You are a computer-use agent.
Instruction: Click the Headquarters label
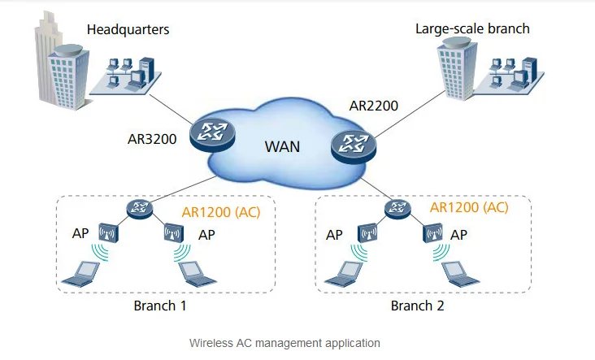coord(128,29)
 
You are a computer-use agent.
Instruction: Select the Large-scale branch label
coord(472,28)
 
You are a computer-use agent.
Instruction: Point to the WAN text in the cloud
coord(282,147)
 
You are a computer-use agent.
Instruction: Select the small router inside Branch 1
coord(138,208)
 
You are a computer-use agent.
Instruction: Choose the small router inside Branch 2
coord(397,208)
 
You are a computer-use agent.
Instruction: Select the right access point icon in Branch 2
coord(431,234)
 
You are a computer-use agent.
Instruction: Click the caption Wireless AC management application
coord(284,343)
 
